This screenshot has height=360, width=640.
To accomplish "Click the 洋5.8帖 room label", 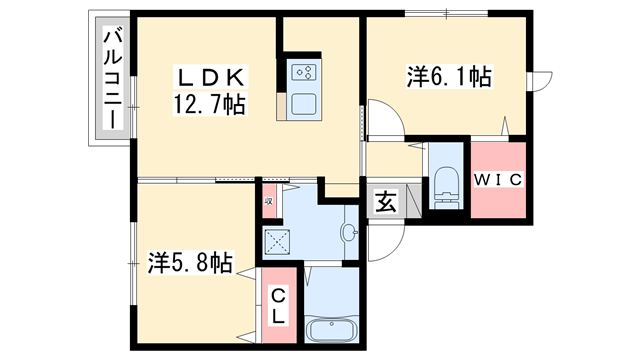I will click(x=191, y=263).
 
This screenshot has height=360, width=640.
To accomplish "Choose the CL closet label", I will click(x=279, y=305).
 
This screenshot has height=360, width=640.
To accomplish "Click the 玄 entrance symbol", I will click(x=384, y=200).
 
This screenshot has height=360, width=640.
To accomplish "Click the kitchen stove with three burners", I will click(x=304, y=73).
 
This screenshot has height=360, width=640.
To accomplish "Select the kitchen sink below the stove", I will click(x=304, y=104).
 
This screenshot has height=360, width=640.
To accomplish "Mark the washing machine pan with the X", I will click(x=277, y=240).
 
